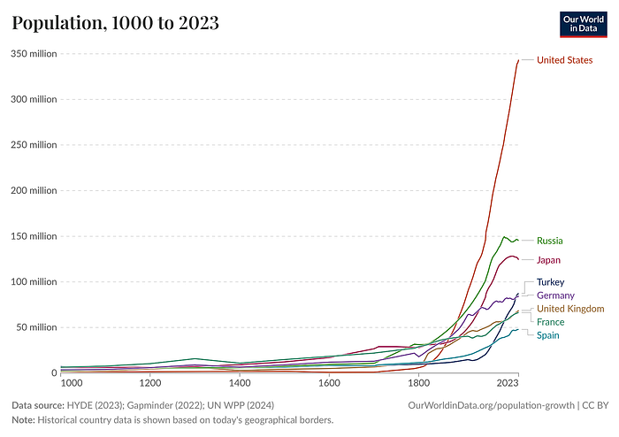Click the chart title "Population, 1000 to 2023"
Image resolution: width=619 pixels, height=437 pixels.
tap(115, 24)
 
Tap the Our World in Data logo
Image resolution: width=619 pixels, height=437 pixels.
tap(583, 24)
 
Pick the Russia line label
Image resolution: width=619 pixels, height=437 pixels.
tap(549, 241)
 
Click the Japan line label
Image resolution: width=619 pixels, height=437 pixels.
tap(548, 260)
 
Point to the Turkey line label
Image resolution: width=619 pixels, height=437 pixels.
tap(551, 282)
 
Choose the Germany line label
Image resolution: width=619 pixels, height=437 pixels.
tap(555, 295)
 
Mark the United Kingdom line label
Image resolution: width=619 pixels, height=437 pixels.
tap(570, 309)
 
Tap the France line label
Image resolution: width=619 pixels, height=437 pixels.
tap(550, 322)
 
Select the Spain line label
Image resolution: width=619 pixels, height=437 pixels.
tap(547, 335)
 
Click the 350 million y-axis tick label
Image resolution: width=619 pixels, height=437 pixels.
tap(34, 54)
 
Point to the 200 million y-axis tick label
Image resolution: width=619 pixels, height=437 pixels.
tap(34, 190)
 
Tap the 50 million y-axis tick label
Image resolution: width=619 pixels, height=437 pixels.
tap(36, 327)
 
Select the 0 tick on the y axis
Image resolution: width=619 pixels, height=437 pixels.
tap(52, 373)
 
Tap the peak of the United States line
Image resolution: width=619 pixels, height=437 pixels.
tap(519, 60)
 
